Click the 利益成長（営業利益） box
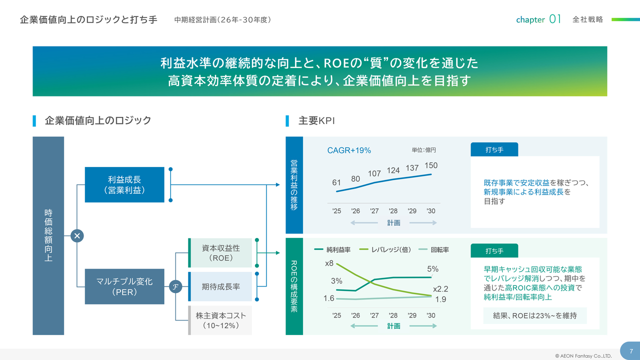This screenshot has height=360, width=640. coord(124,184)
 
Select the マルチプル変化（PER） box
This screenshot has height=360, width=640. coord(124,286)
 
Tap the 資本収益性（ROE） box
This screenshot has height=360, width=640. coord(220,252)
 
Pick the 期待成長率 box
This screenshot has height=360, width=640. coord(220,286)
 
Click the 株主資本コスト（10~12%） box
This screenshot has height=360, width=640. coord(220,320)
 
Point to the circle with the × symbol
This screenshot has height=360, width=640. coord(77,235)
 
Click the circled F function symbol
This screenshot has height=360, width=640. coord(175,286)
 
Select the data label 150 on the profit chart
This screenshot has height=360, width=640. coord(430,165)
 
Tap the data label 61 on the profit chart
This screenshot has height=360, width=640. coord(336,183)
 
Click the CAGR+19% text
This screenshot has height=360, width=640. coord(349,150)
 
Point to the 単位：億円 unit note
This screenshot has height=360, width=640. coord(423,150)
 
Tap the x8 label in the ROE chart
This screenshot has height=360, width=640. coord(329,263)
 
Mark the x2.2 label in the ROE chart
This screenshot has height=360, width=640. coord(440,289)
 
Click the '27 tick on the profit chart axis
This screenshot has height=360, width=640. coord(374,211)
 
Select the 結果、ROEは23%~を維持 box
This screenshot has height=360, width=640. coord(534,315)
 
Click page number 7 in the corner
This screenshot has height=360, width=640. coord(631,351)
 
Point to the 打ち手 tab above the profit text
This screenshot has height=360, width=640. coord(494,149)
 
